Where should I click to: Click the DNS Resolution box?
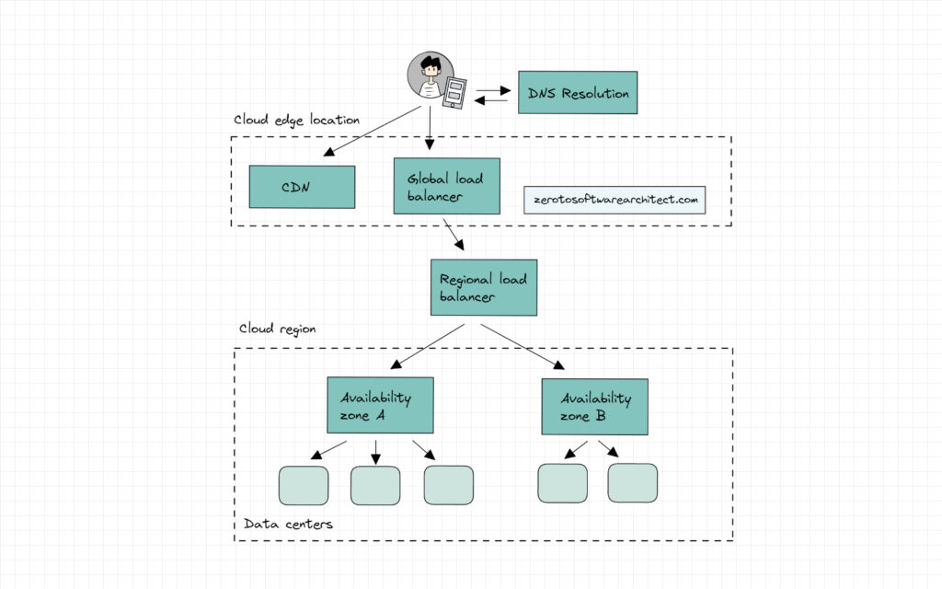578,92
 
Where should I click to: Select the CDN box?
302,187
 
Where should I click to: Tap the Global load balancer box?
446,186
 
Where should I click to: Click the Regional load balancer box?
483,287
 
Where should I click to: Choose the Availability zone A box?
380,405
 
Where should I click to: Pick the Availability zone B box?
594,407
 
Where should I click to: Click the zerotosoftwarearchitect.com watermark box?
615,200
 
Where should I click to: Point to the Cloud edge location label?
296,121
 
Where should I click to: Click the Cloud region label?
277,329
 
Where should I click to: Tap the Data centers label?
288,524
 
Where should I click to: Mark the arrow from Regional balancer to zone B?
523,346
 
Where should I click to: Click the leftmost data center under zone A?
304,485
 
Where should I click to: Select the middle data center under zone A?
375,485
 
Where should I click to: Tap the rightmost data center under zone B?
632,483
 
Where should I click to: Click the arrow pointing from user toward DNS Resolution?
493,88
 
